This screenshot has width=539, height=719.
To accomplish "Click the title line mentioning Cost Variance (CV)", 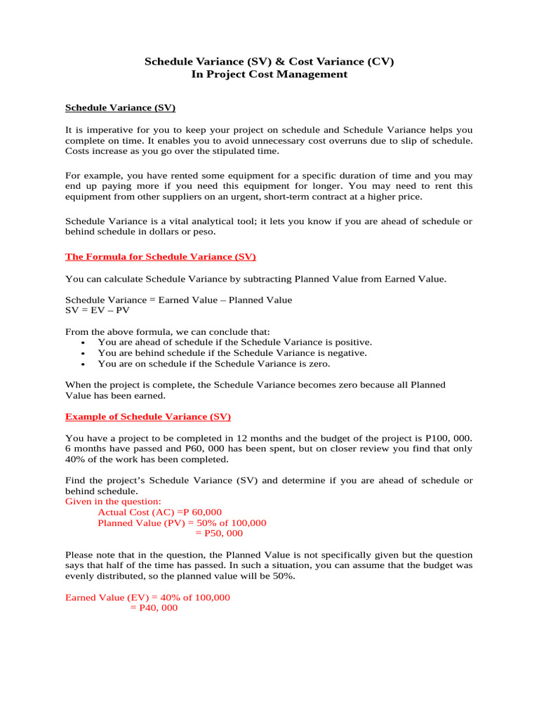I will (x=269, y=61).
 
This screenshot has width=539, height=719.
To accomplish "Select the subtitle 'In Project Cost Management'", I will (x=269, y=74).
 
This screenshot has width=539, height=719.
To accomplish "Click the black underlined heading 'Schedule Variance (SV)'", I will (x=120, y=107).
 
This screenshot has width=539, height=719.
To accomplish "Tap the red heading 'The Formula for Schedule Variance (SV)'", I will (x=165, y=256).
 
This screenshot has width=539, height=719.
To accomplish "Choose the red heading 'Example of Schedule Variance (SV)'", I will (x=148, y=416).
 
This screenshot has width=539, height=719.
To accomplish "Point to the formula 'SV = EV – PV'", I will (x=98, y=310).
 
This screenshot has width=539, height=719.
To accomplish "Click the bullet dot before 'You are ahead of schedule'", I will (x=84, y=343).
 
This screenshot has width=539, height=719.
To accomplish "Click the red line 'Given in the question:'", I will (x=113, y=502).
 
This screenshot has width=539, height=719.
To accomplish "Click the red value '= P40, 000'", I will (x=154, y=608).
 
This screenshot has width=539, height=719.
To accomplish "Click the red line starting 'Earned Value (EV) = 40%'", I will (x=147, y=598).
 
